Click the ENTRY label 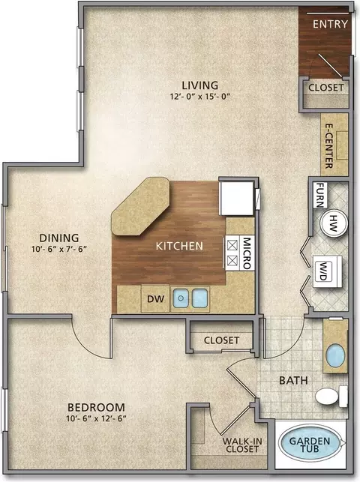[330, 24]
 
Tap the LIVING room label [199, 85]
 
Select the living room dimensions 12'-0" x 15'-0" [200, 97]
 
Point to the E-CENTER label [329, 145]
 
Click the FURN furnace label [320, 195]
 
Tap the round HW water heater [334, 223]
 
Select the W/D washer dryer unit [328, 271]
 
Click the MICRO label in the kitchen [247, 253]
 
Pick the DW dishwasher [155, 298]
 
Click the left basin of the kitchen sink [181, 298]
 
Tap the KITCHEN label [179, 246]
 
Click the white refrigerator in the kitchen [237, 198]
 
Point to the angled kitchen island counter [141, 206]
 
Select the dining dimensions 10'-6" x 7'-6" [59, 249]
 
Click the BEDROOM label [96, 407]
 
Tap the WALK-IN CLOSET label [242, 445]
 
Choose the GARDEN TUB [310, 444]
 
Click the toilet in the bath [331, 397]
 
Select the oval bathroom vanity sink [335, 355]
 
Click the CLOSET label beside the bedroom [221, 340]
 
